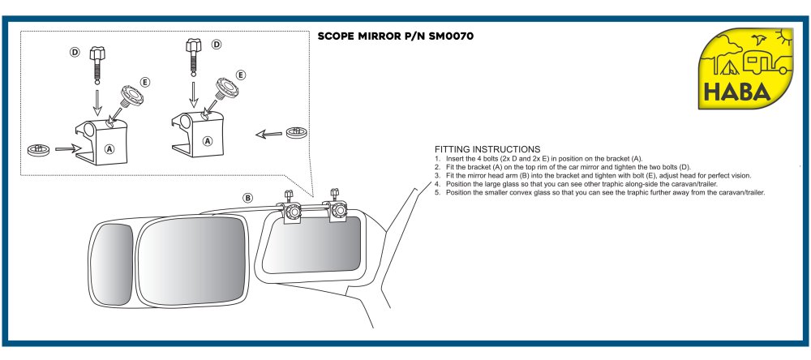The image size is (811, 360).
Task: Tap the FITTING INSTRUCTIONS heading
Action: [x=487, y=149]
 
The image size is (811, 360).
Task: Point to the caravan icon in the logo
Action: [x=760, y=62]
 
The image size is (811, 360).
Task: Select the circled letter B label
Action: [x=248, y=198]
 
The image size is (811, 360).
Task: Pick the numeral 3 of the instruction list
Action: [x=437, y=175]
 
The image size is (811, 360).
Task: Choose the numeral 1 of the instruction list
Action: [x=437, y=158]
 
